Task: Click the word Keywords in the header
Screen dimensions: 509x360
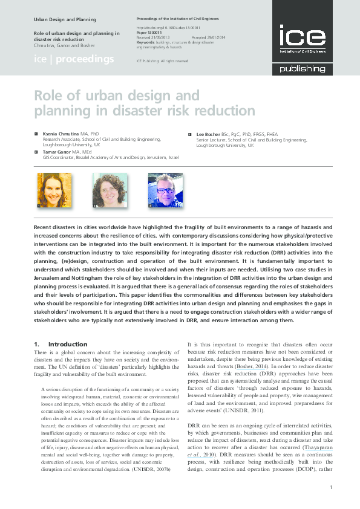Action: (x=148, y=43)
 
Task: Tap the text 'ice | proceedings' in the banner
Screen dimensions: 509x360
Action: (x=73, y=59)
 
